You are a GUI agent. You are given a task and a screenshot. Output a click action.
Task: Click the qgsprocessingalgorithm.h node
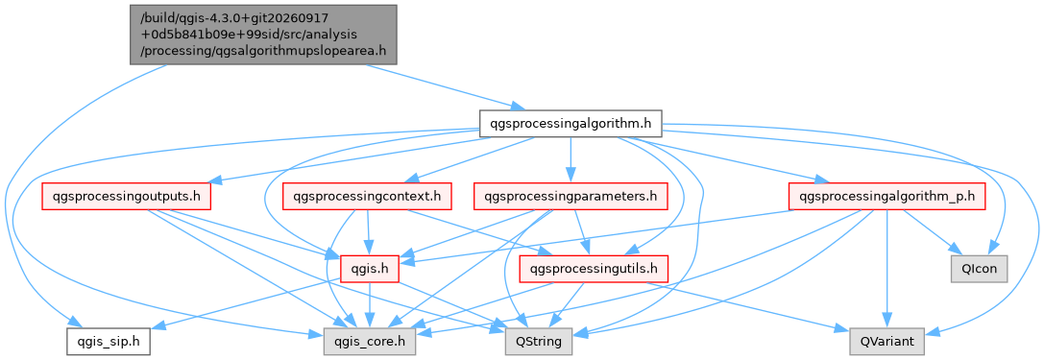[x=570, y=123]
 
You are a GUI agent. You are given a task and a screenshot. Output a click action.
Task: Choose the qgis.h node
[x=370, y=269]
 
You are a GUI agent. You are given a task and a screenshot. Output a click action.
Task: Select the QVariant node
[x=886, y=342]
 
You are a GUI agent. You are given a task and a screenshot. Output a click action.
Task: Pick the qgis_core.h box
[x=370, y=342]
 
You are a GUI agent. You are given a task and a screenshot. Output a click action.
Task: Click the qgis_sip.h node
[x=108, y=342]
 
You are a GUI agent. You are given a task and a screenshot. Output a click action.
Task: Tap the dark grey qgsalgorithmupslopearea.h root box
[x=263, y=35]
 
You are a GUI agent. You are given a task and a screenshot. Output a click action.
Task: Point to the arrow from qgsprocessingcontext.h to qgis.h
[x=369, y=233]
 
